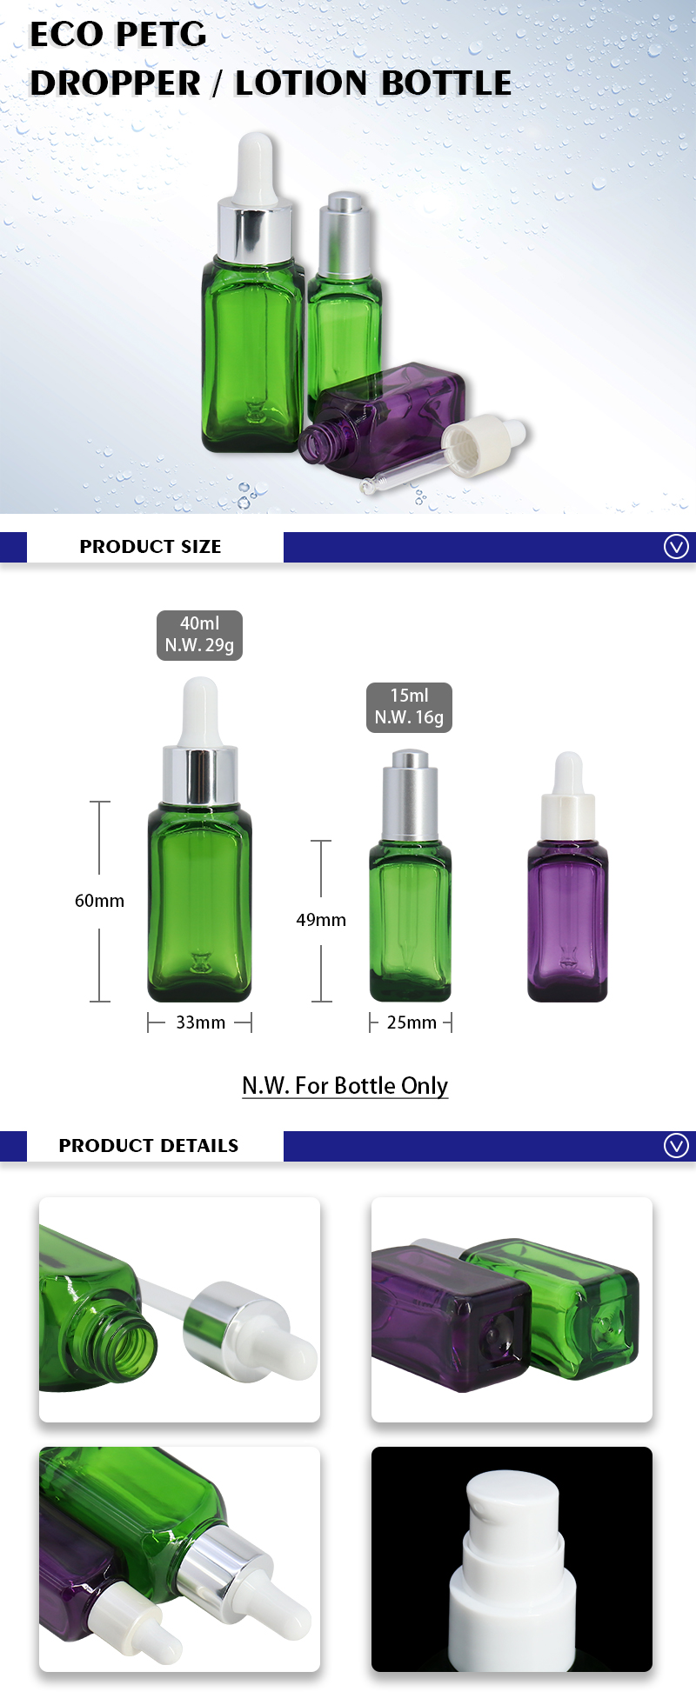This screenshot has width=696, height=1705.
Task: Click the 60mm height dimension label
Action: click(99, 901)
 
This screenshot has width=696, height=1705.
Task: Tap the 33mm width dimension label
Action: click(200, 1022)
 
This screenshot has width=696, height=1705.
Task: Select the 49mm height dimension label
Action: click(321, 920)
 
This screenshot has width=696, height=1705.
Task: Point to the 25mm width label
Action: click(412, 1022)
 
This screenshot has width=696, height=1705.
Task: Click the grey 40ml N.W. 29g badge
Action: click(199, 635)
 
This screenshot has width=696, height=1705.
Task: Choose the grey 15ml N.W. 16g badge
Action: click(409, 707)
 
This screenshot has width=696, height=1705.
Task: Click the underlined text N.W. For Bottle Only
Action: click(345, 1086)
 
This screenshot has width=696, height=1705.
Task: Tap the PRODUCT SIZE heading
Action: click(151, 547)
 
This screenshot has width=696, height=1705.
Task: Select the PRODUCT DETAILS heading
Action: click(149, 1146)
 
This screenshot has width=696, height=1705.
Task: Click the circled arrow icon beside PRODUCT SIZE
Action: click(676, 547)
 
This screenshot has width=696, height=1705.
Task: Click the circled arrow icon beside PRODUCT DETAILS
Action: click(676, 1146)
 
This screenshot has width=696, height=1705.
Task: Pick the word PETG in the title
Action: click(162, 36)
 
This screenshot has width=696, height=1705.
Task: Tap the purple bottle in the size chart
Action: click(567, 922)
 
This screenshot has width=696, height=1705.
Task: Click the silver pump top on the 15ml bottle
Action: click(411, 791)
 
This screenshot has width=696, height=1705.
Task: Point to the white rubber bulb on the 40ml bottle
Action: click(200, 711)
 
